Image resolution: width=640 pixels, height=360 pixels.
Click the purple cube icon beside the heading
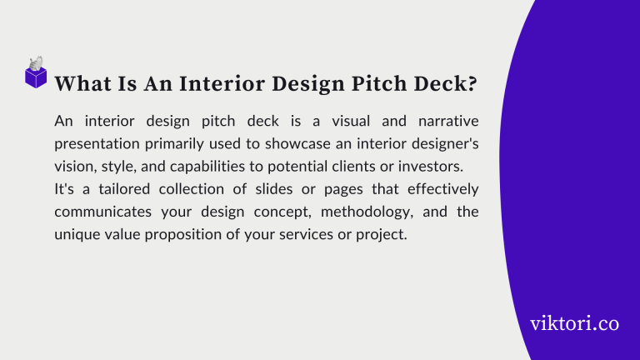[x=36, y=76]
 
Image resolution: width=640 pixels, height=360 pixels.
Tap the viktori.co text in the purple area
[x=574, y=323]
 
